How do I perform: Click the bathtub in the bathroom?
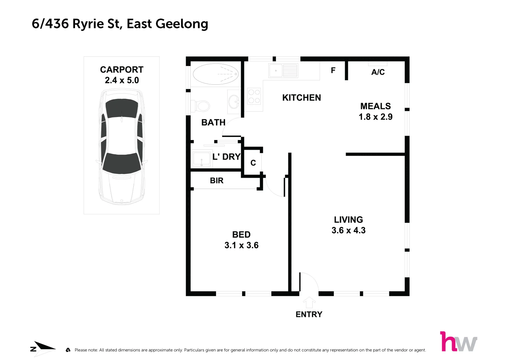click(x=216, y=74)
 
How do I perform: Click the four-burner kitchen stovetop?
click(x=254, y=96)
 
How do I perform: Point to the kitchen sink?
click(x=283, y=71)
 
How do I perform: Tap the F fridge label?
click(x=333, y=70)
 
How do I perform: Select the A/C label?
click(x=378, y=72)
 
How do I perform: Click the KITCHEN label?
click(x=301, y=98)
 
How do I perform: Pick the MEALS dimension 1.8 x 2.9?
click(x=375, y=117)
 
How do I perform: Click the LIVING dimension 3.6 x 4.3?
click(x=348, y=230)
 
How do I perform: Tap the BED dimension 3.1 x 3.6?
click(x=241, y=245)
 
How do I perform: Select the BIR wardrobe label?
click(x=217, y=181)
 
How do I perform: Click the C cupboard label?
click(x=253, y=163)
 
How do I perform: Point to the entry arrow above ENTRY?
click(x=309, y=302)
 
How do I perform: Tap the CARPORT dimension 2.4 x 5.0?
click(x=122, y=80)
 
